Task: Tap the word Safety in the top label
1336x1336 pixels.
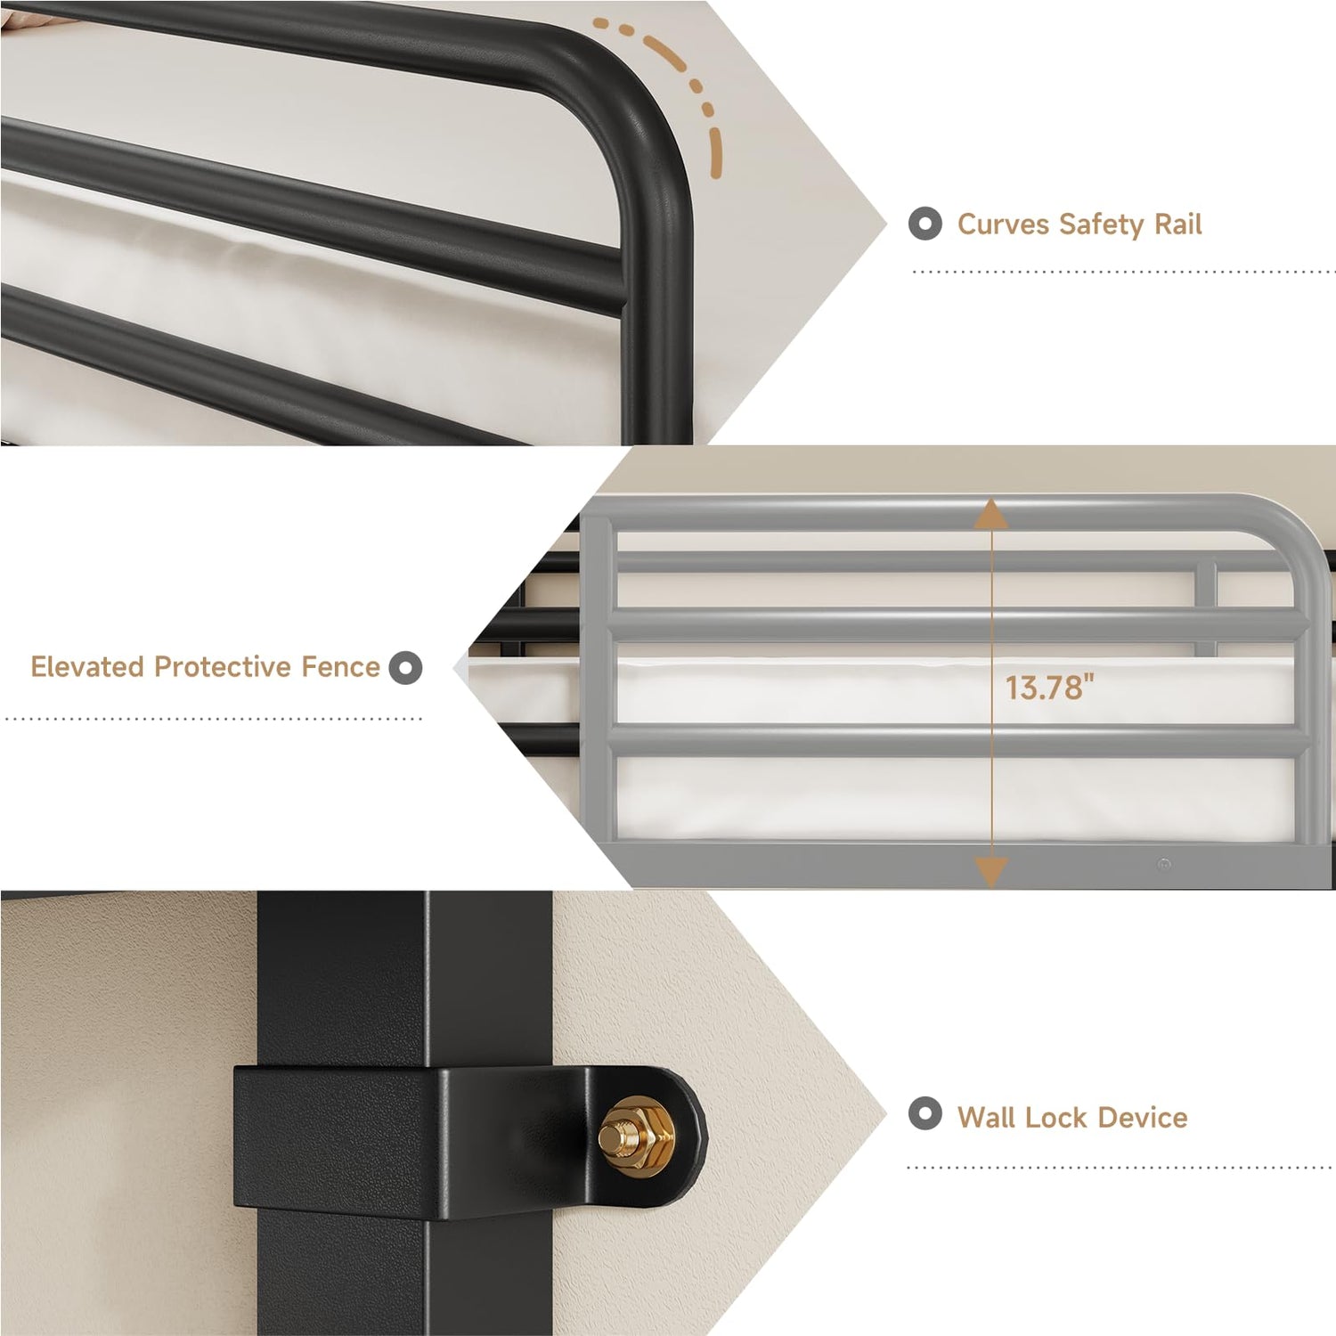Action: pyautogui.click(x=1102, y=224)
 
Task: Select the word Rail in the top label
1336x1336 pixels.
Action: pyautogui.click(x=1178, y=224)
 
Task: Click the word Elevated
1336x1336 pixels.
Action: pyautogui.click(x=87, y=666)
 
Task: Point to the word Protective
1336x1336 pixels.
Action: pyautogui.click(x=223, y=666)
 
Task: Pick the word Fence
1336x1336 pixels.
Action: pyautogui.click(x=340, y=666)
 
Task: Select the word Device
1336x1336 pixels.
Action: pyautogui.click(x=1143, y=1117)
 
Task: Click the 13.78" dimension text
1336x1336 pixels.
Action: pyautogui.click(x=1049, y=688)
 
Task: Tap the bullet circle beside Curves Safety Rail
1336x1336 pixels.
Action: pyautogui.click(x=925, y=224)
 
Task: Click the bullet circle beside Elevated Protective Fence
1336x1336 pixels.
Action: pyautogui.click(x=405, y=667)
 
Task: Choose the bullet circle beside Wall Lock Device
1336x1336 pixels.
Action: pyautogui.click(x=925, y=1113)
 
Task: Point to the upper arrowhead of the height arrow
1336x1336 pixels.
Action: pyautogui.click(x=990, y=514)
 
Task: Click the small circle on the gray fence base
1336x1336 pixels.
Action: pyautogui.click(x=1164, y=864)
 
